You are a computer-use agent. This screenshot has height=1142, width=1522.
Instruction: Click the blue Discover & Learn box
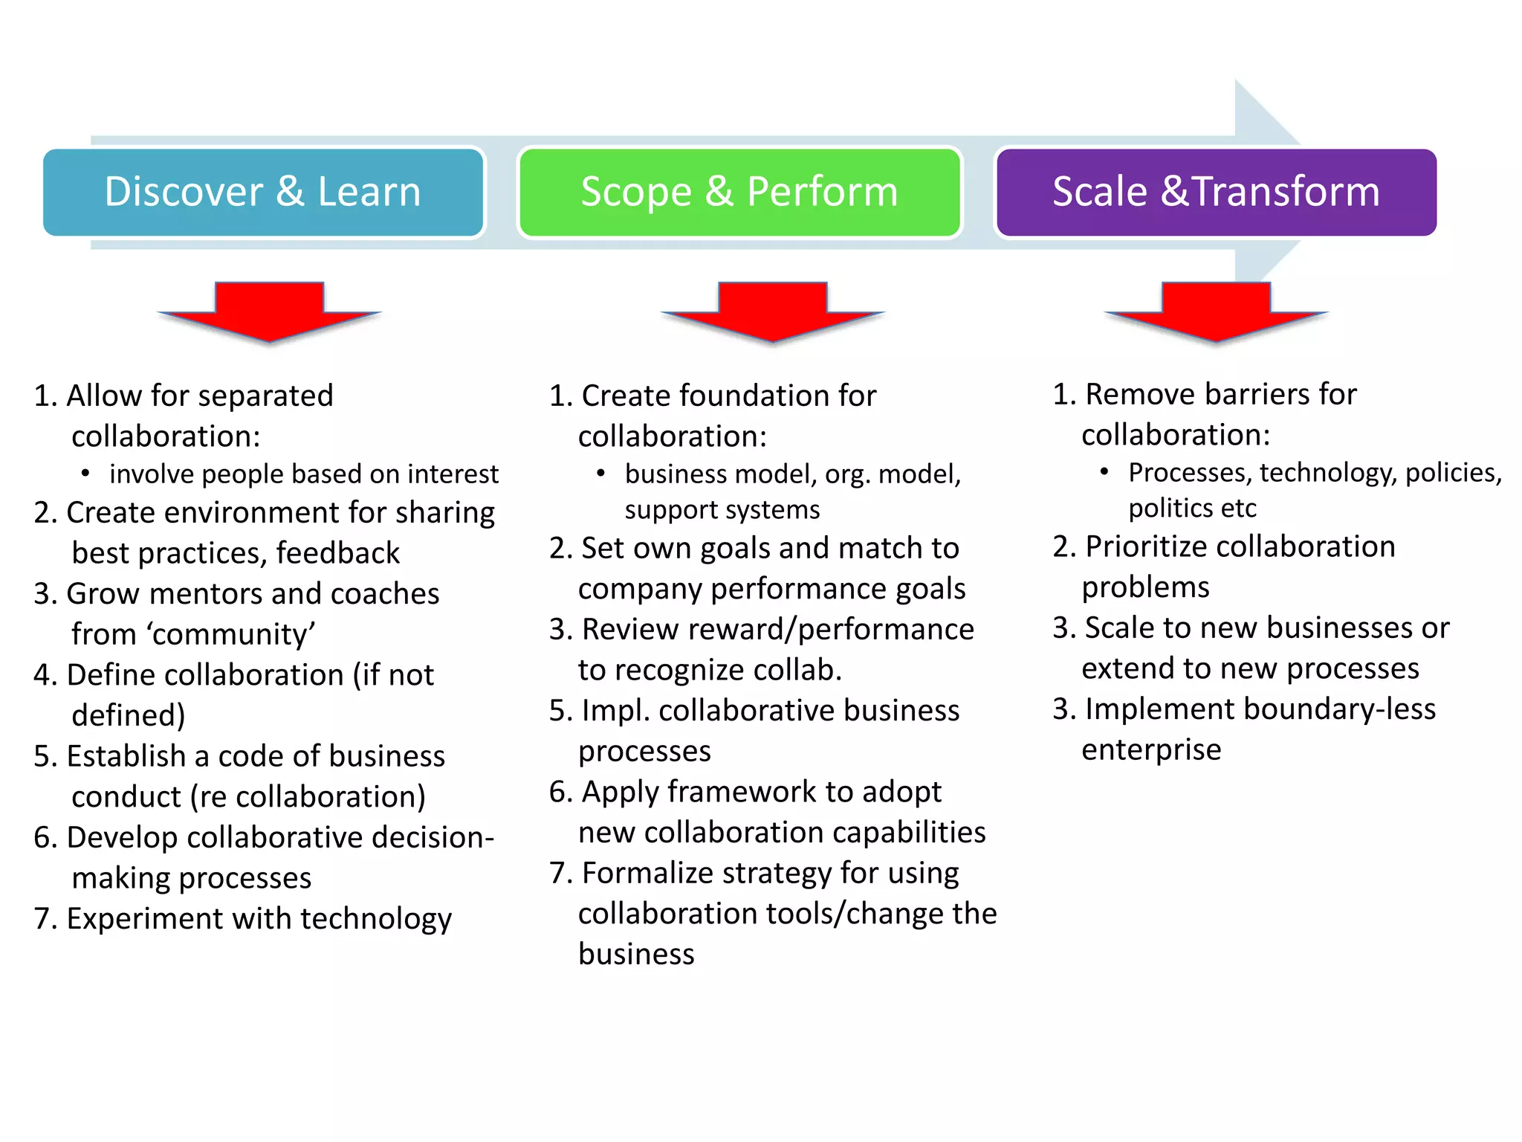(x=263, y=192)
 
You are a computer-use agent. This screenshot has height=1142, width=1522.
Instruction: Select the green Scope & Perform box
(x=739, y=192)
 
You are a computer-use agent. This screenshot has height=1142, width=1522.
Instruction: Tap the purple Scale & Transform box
(x=1216, y=192)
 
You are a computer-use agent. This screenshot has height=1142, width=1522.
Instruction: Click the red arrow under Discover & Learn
(x=269, y=312)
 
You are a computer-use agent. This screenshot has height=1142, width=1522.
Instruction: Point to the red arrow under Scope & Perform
(x=772, y=312)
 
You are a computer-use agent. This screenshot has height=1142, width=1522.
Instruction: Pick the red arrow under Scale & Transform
(x=1216, y=312)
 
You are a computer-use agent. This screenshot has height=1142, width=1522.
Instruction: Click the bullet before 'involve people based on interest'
(x=86, y=473)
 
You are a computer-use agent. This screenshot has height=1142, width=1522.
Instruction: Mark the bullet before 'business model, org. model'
(x=601, y=473)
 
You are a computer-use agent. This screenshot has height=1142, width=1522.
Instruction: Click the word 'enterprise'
(x=1151, y=750)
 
